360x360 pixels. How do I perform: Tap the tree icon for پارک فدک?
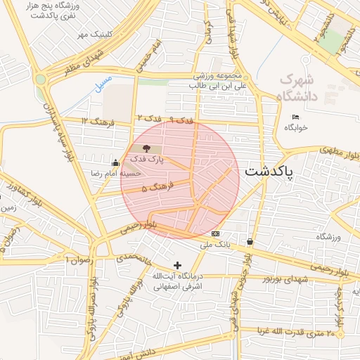coord(146,148)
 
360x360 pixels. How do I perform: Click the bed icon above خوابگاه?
coord(295,117)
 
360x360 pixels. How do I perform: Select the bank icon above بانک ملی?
coord(215,233)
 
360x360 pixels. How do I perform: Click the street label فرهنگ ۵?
coord(155,188)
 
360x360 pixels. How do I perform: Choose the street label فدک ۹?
coord(181,121)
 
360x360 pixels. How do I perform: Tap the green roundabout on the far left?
coord(41,79)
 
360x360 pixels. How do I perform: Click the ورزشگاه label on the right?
coord(328,237)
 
